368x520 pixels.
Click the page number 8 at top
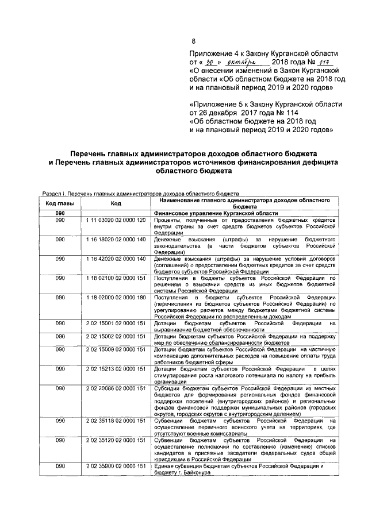(193, 40)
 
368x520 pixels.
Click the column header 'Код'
(116, 203)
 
